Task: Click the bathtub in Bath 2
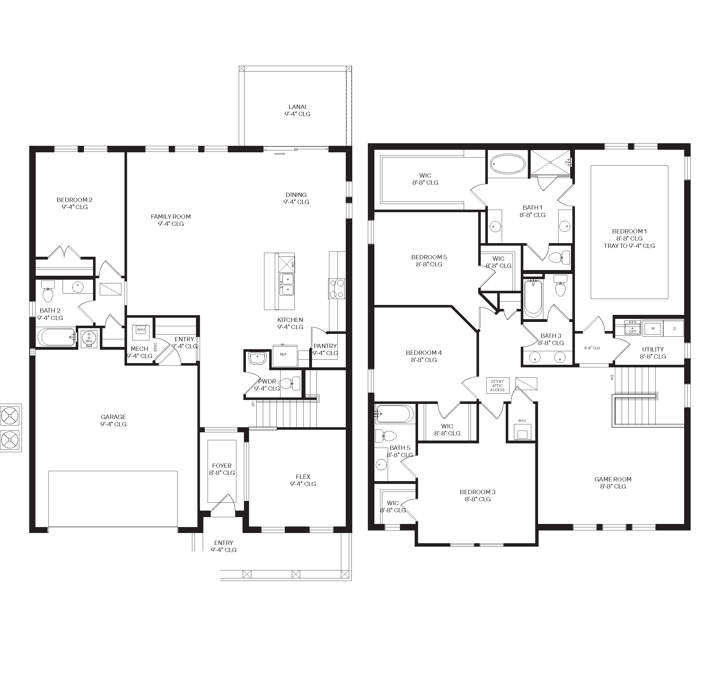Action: [56, 338]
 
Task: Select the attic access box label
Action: [497, 386]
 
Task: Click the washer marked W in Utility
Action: [653, 328]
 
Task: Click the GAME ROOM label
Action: [613, 483]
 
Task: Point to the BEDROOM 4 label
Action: [424, 356]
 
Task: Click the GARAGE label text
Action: [113, 420]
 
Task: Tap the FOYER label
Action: [222, 469]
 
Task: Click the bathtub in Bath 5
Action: [395, 414]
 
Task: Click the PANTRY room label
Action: [325, 349]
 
